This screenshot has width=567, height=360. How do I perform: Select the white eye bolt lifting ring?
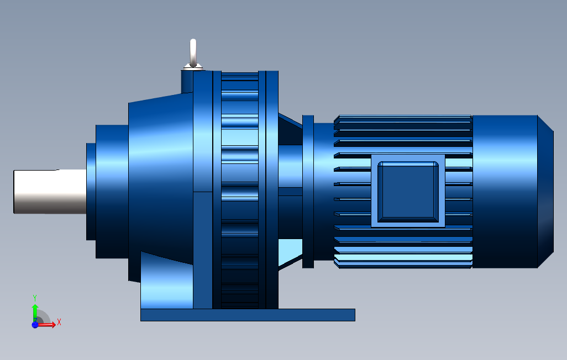click(193, 52)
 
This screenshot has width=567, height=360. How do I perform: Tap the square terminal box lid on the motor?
click(408, 190)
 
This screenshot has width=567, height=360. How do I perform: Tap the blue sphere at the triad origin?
click(35, 325)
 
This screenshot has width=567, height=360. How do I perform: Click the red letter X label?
click(59, 322)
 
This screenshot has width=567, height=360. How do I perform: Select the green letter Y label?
click(35, 297)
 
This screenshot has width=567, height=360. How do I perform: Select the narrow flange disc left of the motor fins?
click(308, 191)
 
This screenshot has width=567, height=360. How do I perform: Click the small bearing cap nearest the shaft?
click(91, 191)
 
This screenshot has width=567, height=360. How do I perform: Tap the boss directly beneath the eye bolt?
click(187, 81)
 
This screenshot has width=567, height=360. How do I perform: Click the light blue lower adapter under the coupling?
click(290, 251)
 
